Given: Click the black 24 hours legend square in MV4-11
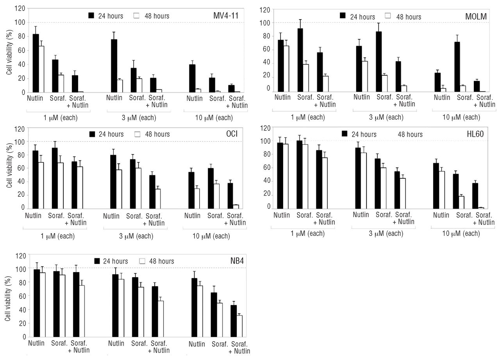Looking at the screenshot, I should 92,16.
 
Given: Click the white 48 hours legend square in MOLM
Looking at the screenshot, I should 388,16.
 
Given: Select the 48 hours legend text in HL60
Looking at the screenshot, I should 410,134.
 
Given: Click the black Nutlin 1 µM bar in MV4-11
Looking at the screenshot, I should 36,63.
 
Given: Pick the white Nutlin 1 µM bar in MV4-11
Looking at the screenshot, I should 41,69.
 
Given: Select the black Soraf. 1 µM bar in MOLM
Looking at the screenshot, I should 300,60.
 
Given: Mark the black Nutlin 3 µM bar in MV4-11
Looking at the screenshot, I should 114,66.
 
